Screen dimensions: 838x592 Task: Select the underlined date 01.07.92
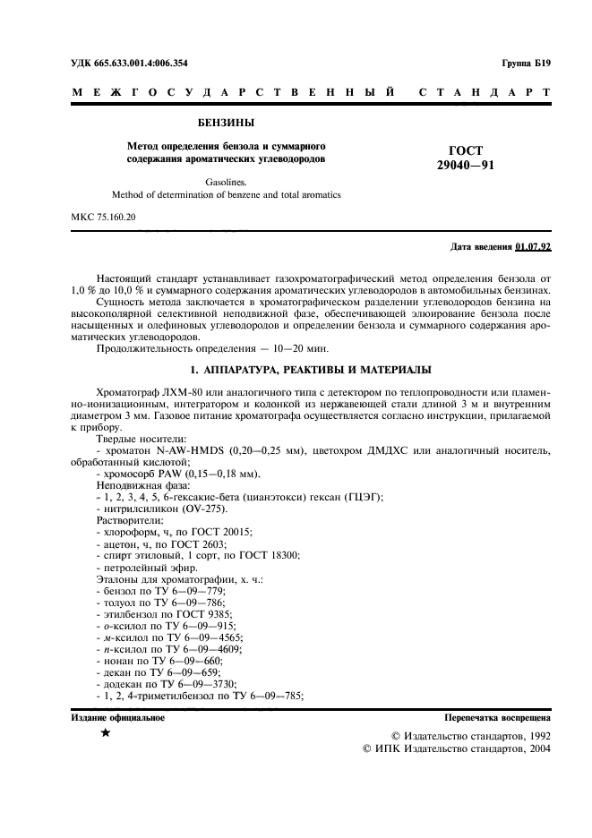pyautogui.click(x=534, y=246)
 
